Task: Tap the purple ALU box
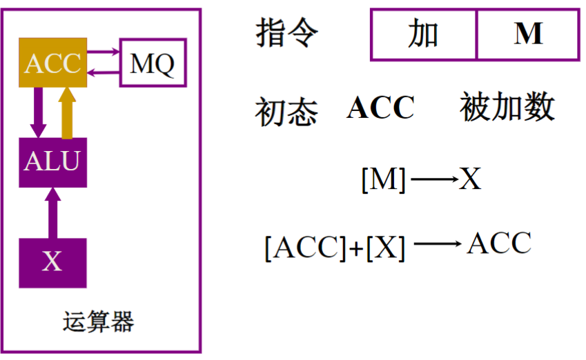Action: coord(52,161)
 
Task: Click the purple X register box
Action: coord(52,262)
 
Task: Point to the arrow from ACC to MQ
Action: coord(104,51)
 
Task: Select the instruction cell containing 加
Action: coord(423,34)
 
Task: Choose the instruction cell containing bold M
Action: coord(528,34)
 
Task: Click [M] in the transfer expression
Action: coord(384,180)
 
